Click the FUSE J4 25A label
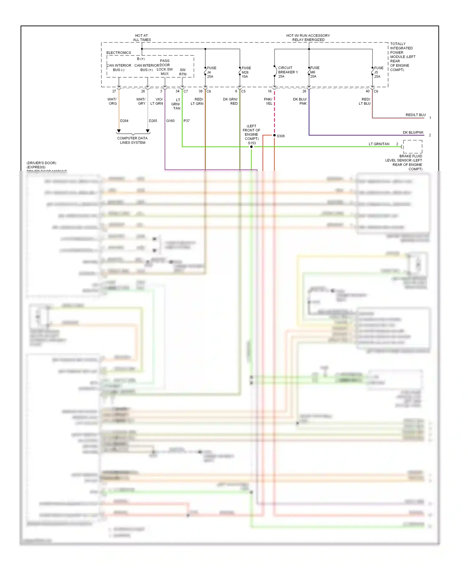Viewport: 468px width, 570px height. tap(211, 72)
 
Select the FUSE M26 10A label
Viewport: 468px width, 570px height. tap(246, 72)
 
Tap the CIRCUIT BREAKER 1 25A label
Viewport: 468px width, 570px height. tap(287, 72)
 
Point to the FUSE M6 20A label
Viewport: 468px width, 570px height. tap(314, 72)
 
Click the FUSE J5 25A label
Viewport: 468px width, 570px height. tap(378, 72)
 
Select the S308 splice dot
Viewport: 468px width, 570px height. tap(275, 135)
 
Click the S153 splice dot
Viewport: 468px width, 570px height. tap(251, 147)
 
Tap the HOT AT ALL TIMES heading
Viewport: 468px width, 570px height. tap(142, 38)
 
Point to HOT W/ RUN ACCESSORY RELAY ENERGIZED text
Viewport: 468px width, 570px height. tap(308, 38)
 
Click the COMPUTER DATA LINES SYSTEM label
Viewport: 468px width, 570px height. tap(133, 140)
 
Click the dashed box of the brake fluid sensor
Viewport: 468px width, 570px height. tap(412, 146)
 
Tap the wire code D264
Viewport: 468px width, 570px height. tap(124, 121)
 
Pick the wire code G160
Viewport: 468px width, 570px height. tap(170, 121)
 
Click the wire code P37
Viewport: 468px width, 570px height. tap(187, 121)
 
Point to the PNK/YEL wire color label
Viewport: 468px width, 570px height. tap(268, 101)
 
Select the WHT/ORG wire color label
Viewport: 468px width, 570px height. tap(112, 101)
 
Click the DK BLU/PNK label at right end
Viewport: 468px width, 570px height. tap(413, 132)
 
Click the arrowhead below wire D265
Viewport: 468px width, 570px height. tap(148, 131)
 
